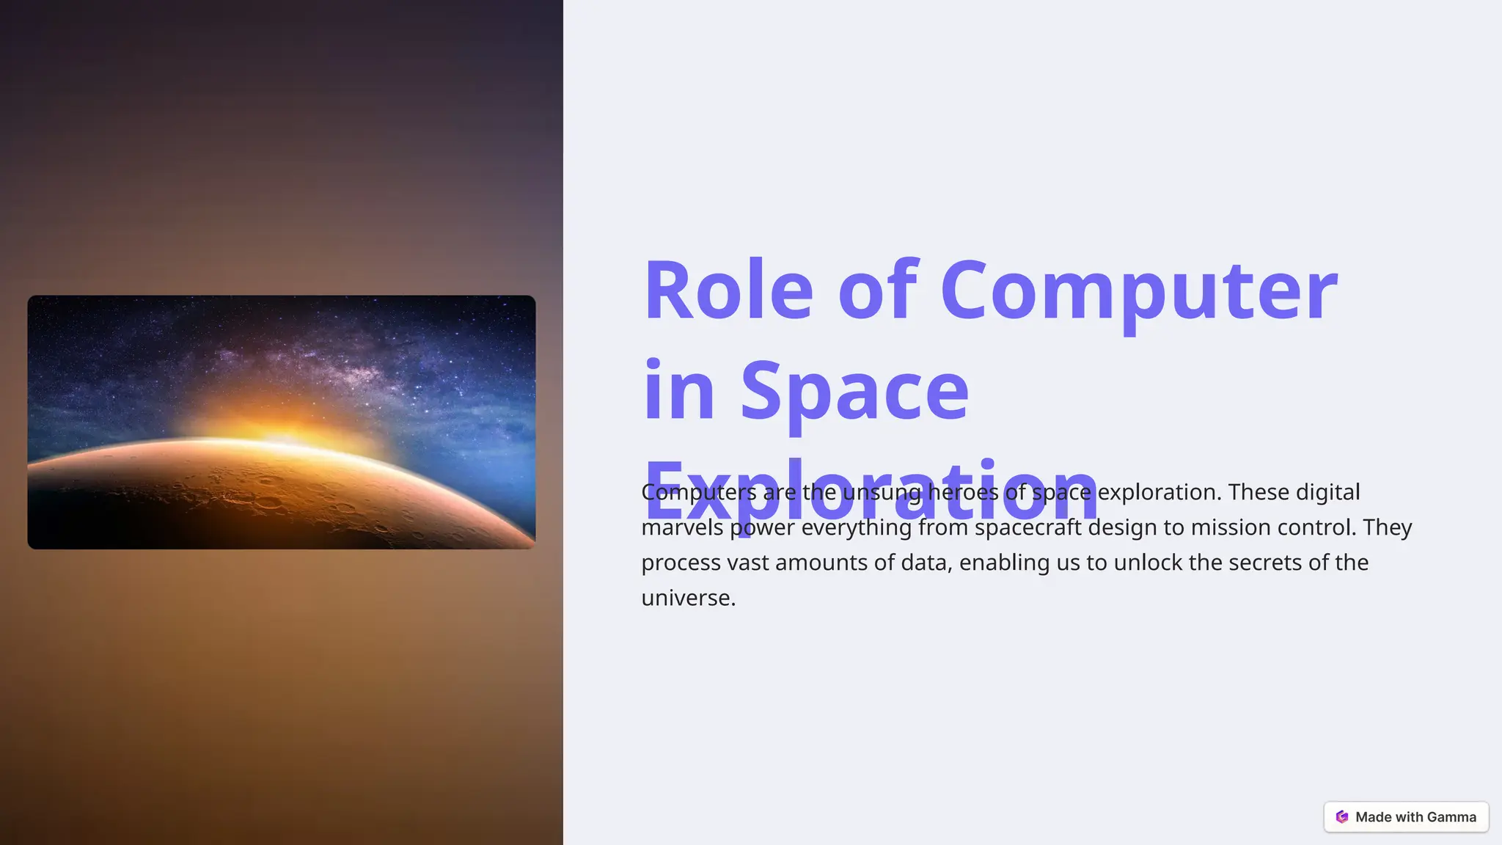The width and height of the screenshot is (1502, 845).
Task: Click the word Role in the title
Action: pos(728,291)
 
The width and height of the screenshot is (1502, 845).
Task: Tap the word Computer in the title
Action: pos(1139,291)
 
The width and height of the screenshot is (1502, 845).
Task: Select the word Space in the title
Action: pos(854,391)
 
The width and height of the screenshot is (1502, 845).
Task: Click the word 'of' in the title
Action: pos(877,291)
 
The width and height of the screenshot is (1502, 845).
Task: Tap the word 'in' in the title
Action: pos(678,391)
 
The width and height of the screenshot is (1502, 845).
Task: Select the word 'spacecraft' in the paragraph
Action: pos(1027,527)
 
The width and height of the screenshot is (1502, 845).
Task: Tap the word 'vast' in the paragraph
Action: pos(747,563)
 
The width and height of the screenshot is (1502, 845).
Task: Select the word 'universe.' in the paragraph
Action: pos(688,598)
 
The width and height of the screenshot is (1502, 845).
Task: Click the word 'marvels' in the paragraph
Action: pos(682,527)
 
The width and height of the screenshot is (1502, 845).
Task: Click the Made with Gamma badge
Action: pos(1406,817)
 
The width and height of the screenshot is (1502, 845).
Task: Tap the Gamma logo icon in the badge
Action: pos(1342,817)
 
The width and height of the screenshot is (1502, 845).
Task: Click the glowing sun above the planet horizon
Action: pos(282,433)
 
